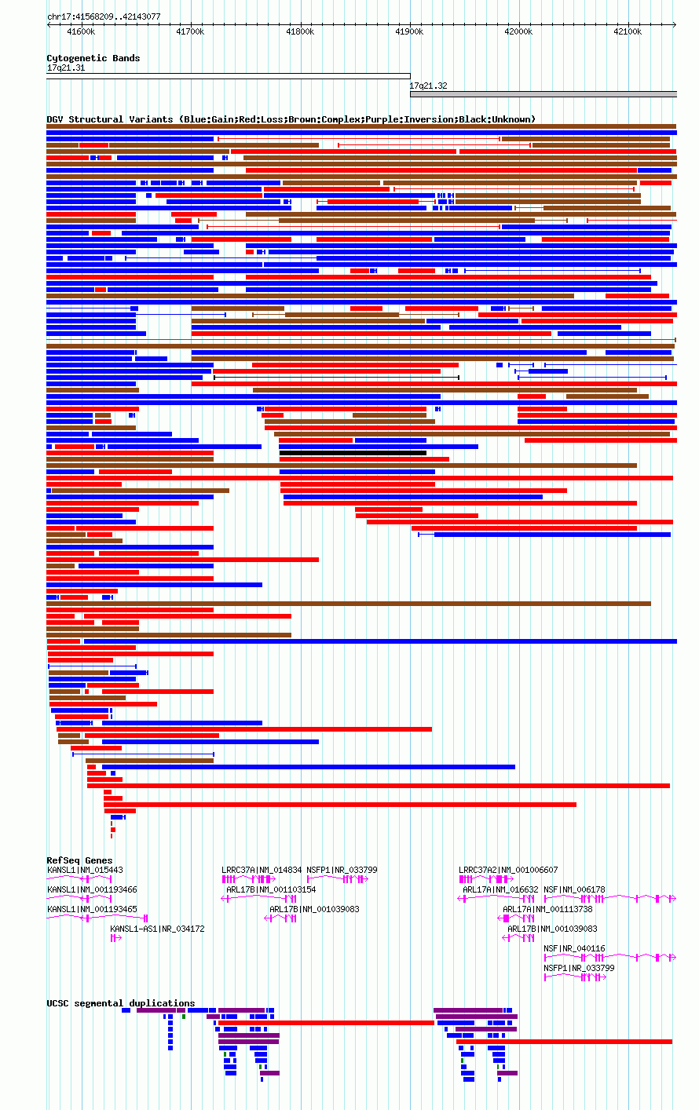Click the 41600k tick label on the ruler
point(81,31)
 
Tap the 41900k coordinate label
point(409,31)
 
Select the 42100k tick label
point(627,31)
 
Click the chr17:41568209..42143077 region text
point(104,16)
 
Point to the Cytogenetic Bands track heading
point(93,58)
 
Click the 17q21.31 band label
point(66,68)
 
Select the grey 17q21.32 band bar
point(543,94)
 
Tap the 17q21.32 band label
point(428,86)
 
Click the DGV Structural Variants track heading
point(291,119)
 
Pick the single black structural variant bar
point(353,453)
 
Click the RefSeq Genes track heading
point(79,860)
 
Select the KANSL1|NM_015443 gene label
point(86,870)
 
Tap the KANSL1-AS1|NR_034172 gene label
point(157,929)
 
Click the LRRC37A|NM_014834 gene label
point(262,870)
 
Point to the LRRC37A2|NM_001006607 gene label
point(508,870)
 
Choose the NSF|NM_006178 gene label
point(574,889)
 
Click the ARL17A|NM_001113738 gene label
point(547,909)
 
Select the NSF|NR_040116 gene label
point(574,948)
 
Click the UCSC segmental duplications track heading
point(120,1003)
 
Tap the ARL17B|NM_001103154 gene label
point(271,889)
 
